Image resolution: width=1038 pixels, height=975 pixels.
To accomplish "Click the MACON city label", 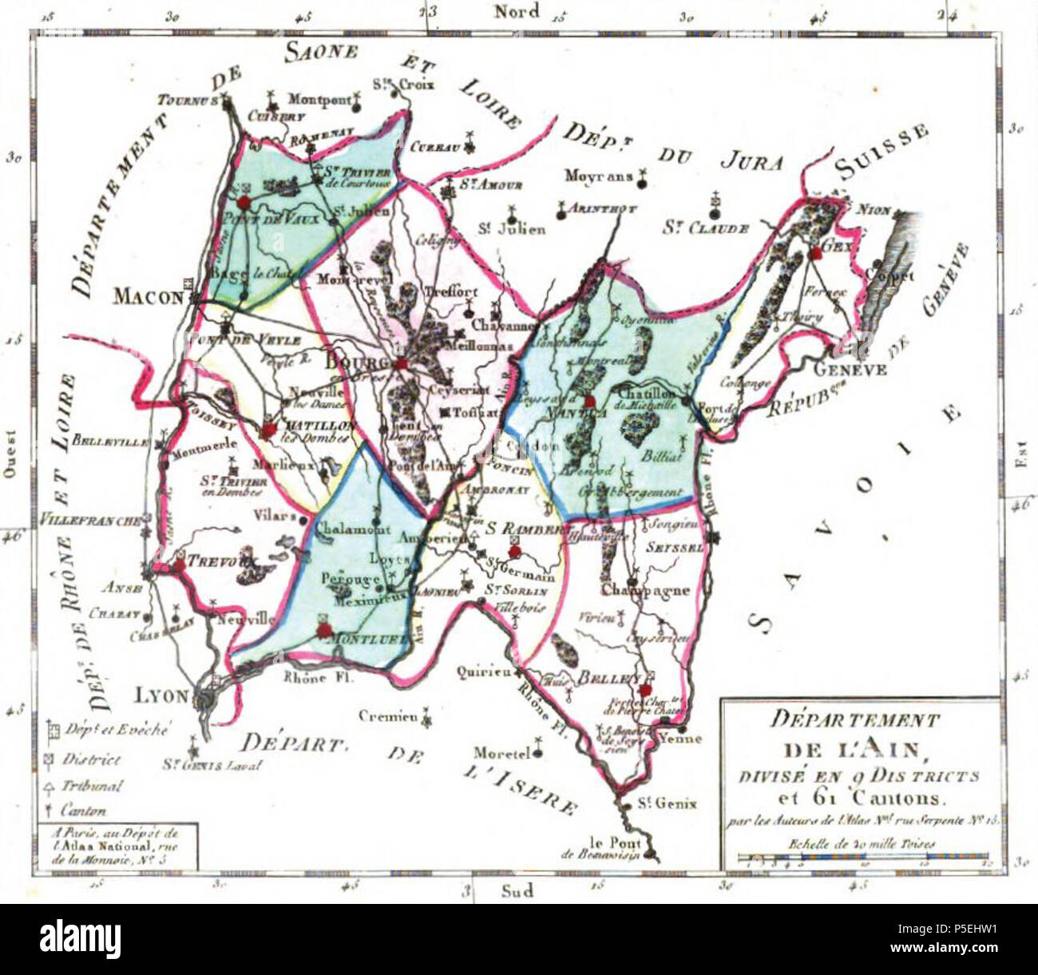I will (x=148, y=297).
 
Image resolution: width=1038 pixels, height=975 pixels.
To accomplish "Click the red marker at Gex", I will (x=815, y=254).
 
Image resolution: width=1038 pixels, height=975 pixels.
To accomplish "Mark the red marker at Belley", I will (x=645, y=689).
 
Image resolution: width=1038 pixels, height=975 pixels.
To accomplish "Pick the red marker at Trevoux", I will (x=180, y=565).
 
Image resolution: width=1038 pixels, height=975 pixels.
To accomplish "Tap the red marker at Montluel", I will (x=323, y=630).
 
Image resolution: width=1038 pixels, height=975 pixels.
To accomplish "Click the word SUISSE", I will (x=882, y=153).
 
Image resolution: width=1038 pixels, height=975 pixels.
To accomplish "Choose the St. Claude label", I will (x=705, y=228).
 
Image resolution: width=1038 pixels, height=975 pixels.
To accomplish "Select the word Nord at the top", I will (x=517, y=11).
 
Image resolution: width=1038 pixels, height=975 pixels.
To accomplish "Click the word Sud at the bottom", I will (x=517, y=890).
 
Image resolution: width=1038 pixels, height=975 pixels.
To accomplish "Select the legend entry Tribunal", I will (x=92, y=786).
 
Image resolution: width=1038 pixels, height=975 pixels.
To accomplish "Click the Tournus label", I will (x=187, y=101).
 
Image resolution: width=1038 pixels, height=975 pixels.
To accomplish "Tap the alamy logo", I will (x=80, y=936).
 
